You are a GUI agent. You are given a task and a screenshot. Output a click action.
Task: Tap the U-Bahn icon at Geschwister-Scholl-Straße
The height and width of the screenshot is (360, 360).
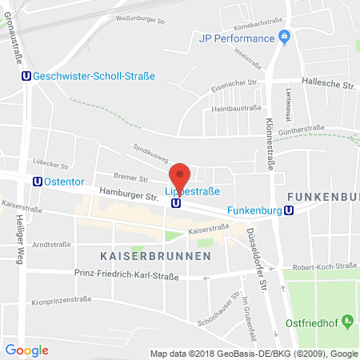click(x=26, y=76)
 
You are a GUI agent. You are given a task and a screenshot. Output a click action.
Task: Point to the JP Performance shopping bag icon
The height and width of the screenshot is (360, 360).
click(x=282, y=37)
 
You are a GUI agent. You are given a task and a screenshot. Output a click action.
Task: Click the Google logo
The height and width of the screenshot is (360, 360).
click(x=26, y=350)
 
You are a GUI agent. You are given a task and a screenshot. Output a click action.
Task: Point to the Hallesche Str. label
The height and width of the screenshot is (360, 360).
click(x=326, y=82)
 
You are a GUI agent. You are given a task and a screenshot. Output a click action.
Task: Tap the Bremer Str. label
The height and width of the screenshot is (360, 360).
click(x=126, y=181)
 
